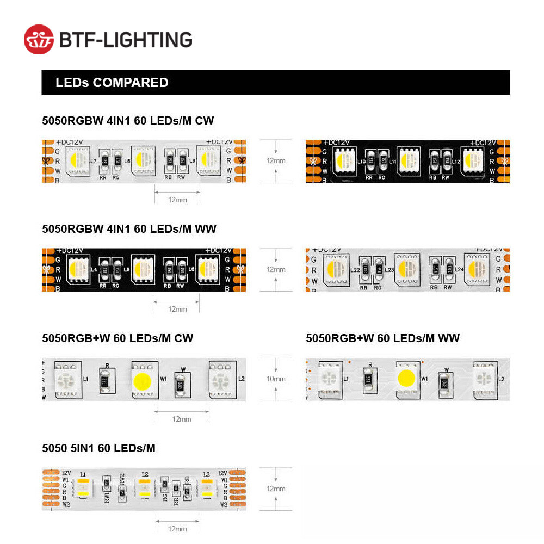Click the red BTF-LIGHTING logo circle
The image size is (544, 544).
point(39,39)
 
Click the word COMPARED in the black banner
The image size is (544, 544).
point(131,83)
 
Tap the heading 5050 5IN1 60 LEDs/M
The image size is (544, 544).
point(98,448)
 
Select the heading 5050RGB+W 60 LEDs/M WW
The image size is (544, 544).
point(382,338)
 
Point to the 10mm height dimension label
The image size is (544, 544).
point(276,379)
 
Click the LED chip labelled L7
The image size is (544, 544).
point(77,159)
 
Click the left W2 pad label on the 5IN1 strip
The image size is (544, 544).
point(65,504)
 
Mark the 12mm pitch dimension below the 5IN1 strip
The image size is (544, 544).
point(177,528)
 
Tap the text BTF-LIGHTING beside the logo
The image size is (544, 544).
point(126,40)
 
